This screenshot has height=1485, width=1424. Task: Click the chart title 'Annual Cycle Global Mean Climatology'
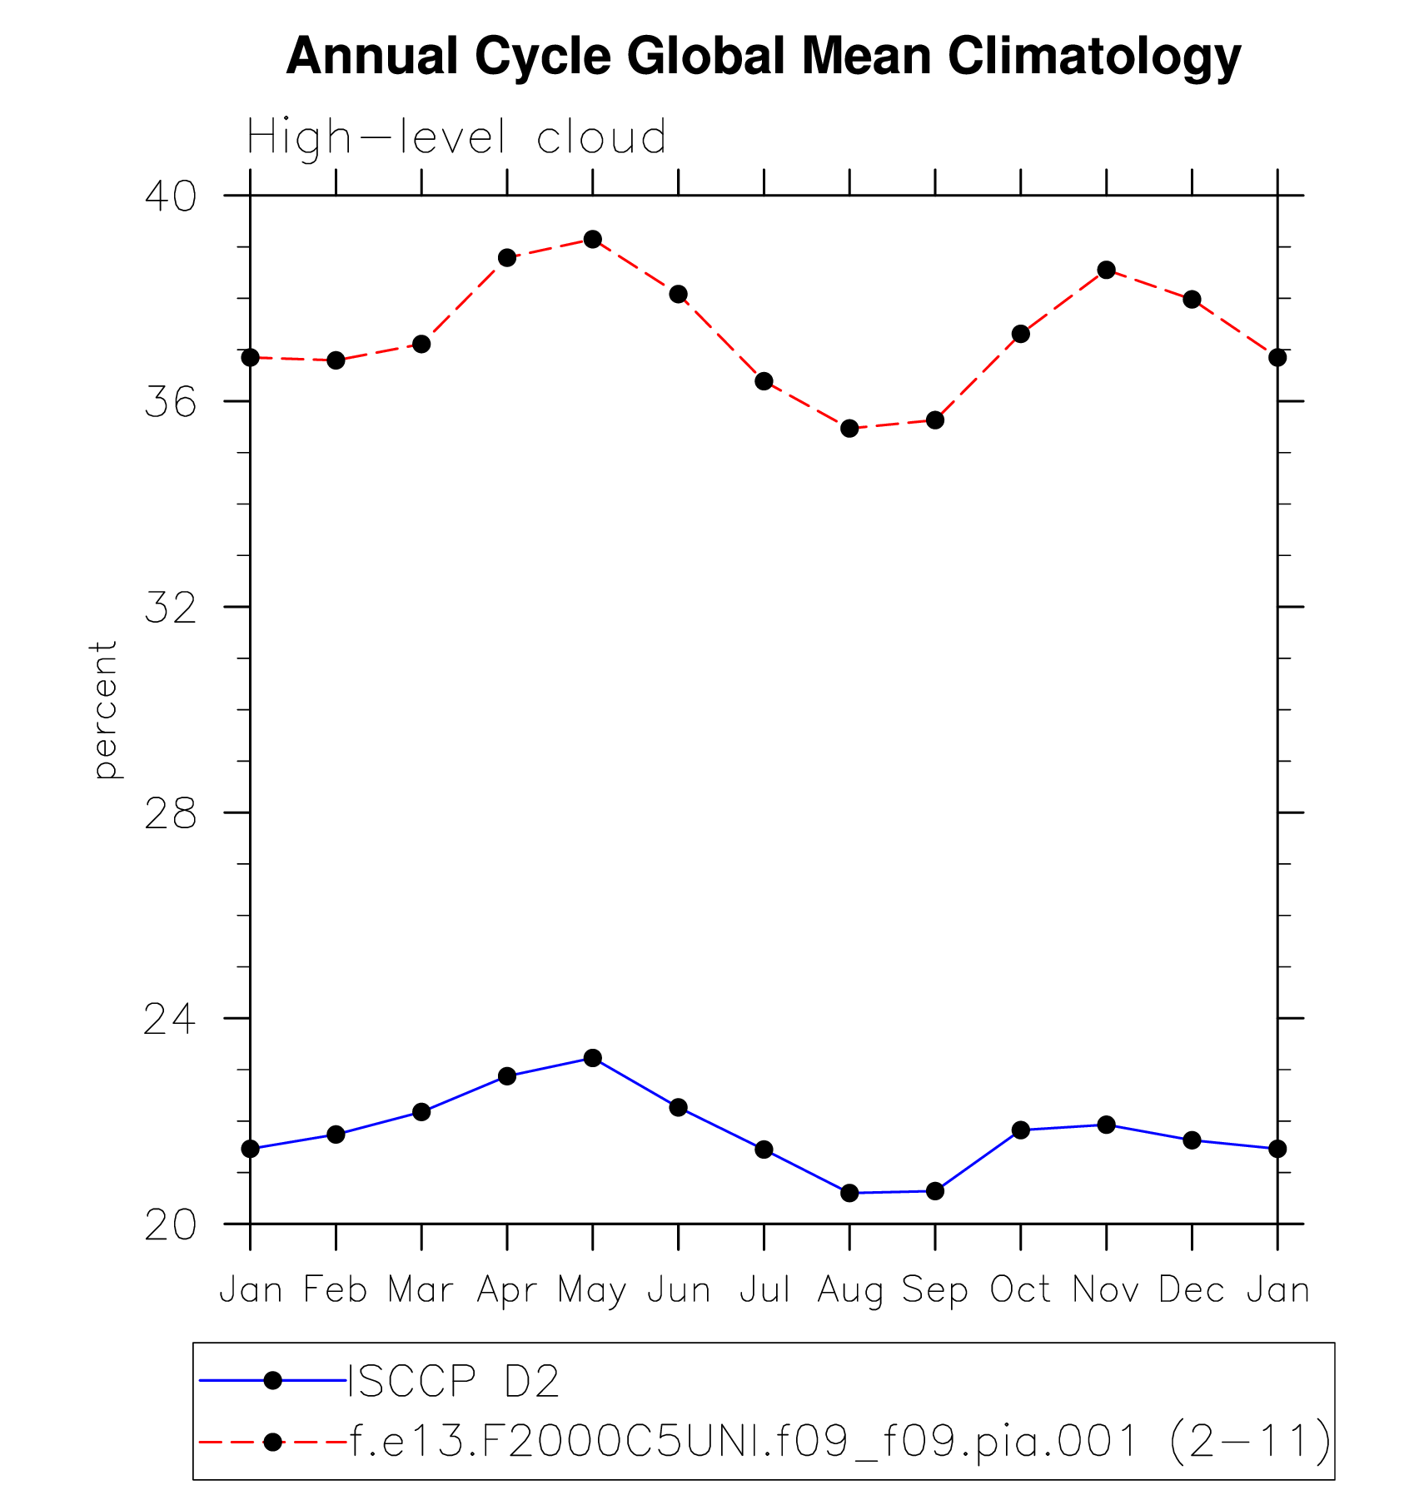pyautogui.click(x=763, y=57)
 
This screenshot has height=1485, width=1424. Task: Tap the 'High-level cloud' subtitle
pyautogui.click(x=456, y=137)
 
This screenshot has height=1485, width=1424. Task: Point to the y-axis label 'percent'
pyautogui.click(x=105, y=709)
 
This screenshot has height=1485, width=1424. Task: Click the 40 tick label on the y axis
pyautogui.click(x=171, y=196)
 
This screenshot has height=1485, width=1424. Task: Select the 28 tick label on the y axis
pyautogui.click(x=171, y=813)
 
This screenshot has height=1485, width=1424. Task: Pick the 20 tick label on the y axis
pyautogui.click(x=171, y=1225)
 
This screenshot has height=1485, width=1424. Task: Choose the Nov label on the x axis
pyautogui.click(x=1106, y=1290)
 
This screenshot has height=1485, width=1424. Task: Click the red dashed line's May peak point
pyautogui.click(x=593, y=240)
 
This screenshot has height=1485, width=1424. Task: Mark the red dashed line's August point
pyautogui.click(x=849, y=429)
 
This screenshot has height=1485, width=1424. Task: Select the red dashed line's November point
pyautogui.click(x=1107, y=270)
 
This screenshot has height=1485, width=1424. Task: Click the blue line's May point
pyautogui.click(x=593, y=1058)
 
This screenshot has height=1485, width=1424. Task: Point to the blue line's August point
pyautogui.click(x=849, y=1193)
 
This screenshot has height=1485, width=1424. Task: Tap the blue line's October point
pyautogui.click(x=1021, y=1130)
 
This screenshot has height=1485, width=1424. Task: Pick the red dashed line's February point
pyautogui.click(x=336, y=360)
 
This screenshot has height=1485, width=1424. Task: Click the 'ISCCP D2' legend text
pyautogui.click(x=453, y=1381)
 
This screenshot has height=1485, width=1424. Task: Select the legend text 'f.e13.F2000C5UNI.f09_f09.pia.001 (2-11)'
pyautogui.click(x=839, y=1441)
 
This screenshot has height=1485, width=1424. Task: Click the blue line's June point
pyautogui.click(x=679, y=1107)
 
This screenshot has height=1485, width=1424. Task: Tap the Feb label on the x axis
pyautogui.click(x=336, y=1290)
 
